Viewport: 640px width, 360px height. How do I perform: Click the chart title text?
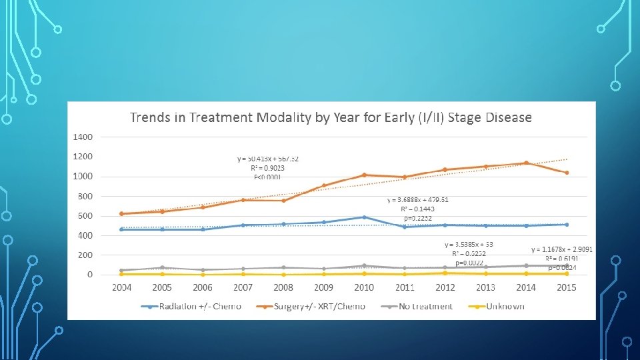click(x=331, y=118)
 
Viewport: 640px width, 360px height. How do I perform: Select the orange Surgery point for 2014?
click(x=526, y=163)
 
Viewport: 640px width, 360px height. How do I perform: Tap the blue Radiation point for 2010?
click(x=364, y=217)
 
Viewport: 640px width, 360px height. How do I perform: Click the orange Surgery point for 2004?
click(x=121, y=213)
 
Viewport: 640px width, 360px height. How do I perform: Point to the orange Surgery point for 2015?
click(x=567, y=173)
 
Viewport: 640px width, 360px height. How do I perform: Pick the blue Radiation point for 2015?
click(x=567, y=225)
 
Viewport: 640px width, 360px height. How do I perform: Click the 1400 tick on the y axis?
click(x=83, y=137)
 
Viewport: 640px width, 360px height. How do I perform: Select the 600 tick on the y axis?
click(x=85, y=216)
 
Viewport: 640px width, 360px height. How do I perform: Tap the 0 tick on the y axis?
click(x=89, y=275)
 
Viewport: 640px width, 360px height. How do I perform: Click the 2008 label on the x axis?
click(x=283, y=287)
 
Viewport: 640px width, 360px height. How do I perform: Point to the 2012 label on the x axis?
click(x=445, y=287)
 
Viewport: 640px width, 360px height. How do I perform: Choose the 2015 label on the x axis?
click(x=567, y=287)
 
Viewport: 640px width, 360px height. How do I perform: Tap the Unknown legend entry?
click(x=505, y=307)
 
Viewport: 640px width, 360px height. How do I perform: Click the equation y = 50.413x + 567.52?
click(x=268, y=159)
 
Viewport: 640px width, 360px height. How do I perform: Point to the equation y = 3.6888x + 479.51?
click(x=417, y=199)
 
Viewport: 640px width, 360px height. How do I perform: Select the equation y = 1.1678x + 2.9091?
click(x=562, y=249)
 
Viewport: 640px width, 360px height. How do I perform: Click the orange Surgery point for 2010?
click(x=364, y=175)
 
